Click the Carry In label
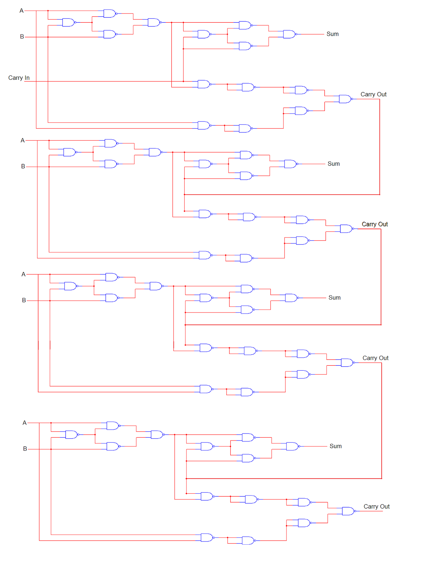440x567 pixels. (19, 78)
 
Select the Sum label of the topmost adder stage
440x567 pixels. (333, 34)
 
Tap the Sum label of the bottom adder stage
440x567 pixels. (335, 446)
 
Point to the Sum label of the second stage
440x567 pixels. (334, 164)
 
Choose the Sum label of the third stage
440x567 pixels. (334, 297)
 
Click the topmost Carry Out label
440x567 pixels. (373, 94)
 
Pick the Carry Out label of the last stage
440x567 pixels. (377, 506)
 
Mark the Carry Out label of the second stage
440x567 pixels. (375, 224)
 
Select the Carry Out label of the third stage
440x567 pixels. (376, 358)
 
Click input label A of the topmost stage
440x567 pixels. (22, 11)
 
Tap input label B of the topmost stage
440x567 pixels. (22, 37)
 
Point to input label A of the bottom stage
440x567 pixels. (24, 423)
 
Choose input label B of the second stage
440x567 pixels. (23, 166)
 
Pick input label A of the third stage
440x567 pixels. (23, 274)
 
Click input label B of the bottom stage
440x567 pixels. (25, 449)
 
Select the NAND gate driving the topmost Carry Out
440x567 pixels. (346, 99)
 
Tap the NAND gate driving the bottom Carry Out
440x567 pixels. (349, 511)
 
